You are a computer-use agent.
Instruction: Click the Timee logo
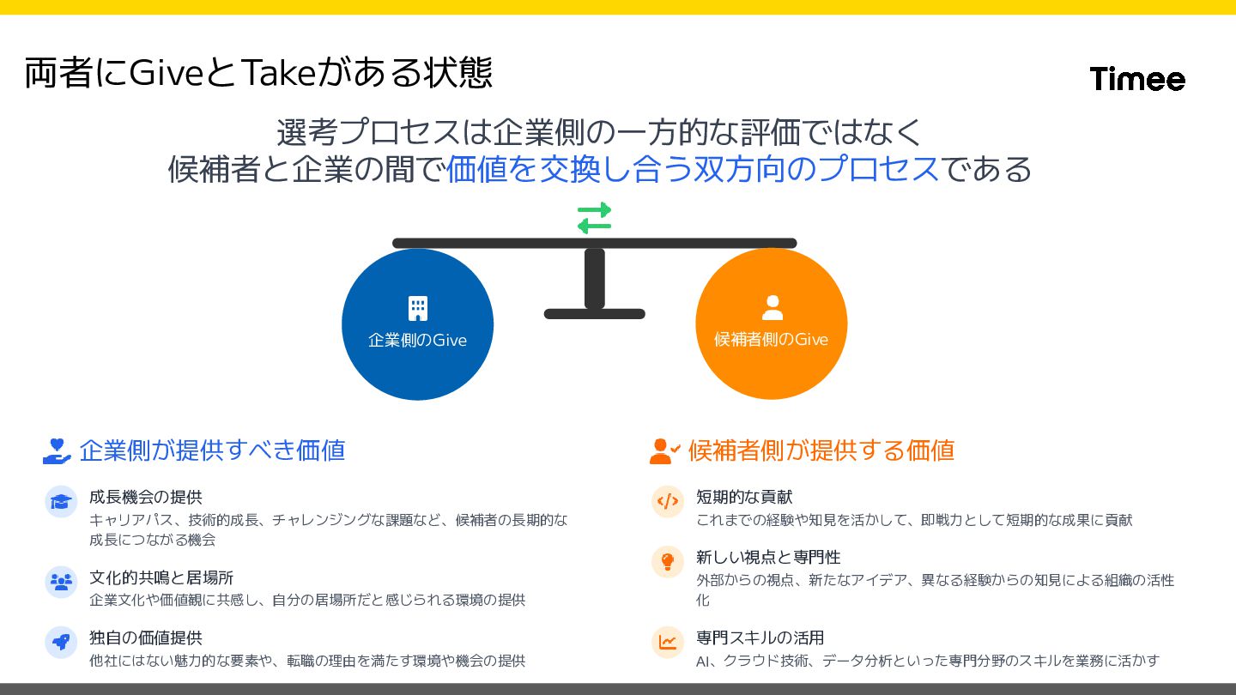1137,79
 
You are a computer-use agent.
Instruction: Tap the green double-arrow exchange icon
594,218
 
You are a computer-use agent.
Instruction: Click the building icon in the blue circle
417,308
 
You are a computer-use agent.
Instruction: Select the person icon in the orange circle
772,307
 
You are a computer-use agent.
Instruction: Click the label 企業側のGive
417,340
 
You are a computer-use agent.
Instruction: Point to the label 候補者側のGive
771,340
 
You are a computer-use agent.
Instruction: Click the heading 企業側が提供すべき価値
212,450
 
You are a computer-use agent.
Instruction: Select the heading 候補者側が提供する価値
821,450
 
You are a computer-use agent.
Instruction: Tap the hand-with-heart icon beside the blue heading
57,451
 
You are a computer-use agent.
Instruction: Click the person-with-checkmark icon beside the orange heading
664,451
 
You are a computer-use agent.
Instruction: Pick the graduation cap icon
61,501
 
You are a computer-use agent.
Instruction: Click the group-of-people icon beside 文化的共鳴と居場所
61,582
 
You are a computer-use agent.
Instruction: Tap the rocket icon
61,642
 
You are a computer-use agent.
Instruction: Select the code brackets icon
667,501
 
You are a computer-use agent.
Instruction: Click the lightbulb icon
667,562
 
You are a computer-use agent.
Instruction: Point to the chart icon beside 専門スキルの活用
667,642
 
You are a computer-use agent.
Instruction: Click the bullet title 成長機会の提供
146,497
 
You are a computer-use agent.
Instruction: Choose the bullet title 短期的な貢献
744,497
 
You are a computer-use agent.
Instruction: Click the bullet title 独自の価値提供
146,638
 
